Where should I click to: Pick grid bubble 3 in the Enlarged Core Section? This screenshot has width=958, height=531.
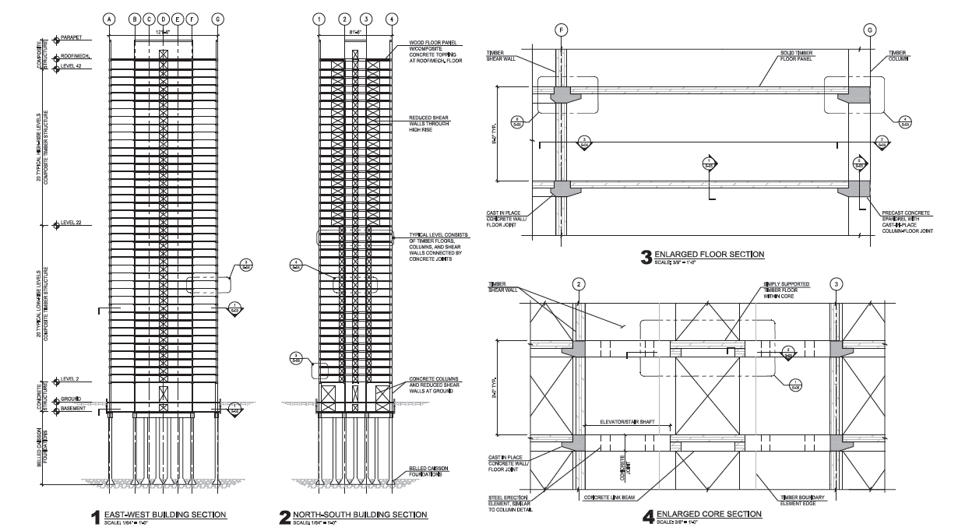point(836,283)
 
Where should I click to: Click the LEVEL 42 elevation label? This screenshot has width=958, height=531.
point(72,67)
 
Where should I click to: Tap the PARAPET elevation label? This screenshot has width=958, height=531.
point(71,37)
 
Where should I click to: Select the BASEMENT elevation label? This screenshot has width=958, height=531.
point(74,409)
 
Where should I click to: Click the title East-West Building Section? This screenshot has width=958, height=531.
point(165,514)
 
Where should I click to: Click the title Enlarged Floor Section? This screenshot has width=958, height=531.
point(709,254)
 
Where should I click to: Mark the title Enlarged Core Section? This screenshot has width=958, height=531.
point(709,514)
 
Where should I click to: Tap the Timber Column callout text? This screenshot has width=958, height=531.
point(902,56)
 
